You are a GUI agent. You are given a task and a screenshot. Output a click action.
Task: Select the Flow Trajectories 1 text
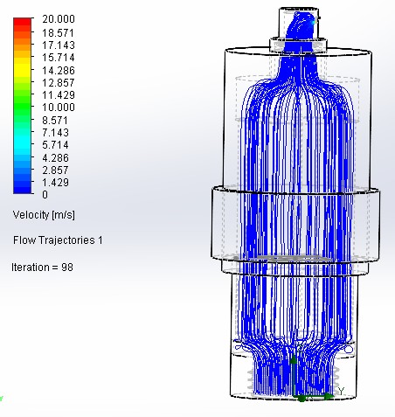coord(58,240)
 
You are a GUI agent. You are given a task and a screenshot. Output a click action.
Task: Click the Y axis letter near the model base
coord(342,389)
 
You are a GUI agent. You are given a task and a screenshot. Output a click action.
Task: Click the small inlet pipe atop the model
coord(301,22)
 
